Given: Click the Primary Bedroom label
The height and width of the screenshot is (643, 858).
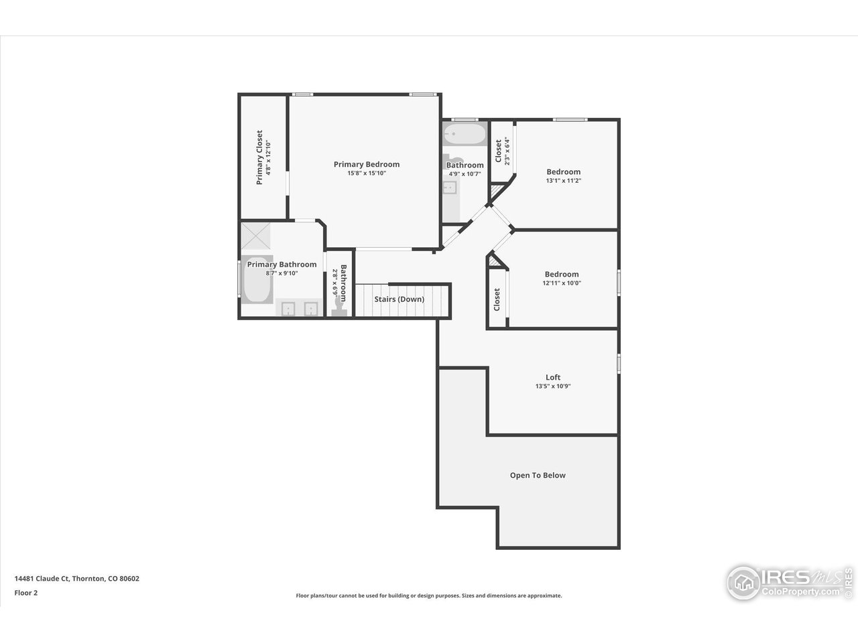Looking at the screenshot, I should point(367,164).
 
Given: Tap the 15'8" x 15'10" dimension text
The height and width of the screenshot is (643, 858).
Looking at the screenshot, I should point(367,173).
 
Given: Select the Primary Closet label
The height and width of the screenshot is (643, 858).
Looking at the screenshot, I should point(259,157).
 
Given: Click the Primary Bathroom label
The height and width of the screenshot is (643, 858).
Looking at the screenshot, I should point(282,265).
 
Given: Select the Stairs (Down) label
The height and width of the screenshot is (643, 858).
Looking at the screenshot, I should point(399,299).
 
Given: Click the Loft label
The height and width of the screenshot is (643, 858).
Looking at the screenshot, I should point(552,377).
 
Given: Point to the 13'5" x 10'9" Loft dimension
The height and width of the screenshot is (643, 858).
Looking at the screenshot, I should point(552,386).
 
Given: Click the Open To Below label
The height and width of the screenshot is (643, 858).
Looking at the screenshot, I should point(538,476).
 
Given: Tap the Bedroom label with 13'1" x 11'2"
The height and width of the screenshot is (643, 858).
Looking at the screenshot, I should point(563,171).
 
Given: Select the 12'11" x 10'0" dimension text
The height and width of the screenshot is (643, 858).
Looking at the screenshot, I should point(562,283).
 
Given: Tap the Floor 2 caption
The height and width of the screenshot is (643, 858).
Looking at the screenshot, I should point(25,592).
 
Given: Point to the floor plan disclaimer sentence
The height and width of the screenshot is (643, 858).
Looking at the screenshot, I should point(429,595).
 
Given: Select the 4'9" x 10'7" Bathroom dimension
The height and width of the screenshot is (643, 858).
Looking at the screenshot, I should point(465,174).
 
